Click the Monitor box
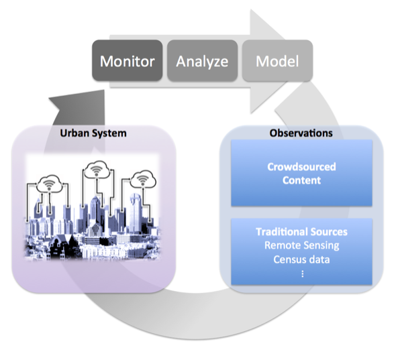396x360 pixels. (x=128, y=62)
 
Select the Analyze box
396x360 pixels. (x=202, y=62)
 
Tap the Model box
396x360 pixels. (x=277, y=62)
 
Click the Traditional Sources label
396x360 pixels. (x=301, y=231)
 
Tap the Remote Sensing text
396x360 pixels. (x=301, y=245)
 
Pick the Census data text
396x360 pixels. (x=301, y=258)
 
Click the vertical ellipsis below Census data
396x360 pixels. (x=301, y=274)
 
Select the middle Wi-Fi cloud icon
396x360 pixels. (x=95, y=170)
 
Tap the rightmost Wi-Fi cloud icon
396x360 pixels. (x=140, y=180)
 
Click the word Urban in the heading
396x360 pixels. (x=75, y=133)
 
